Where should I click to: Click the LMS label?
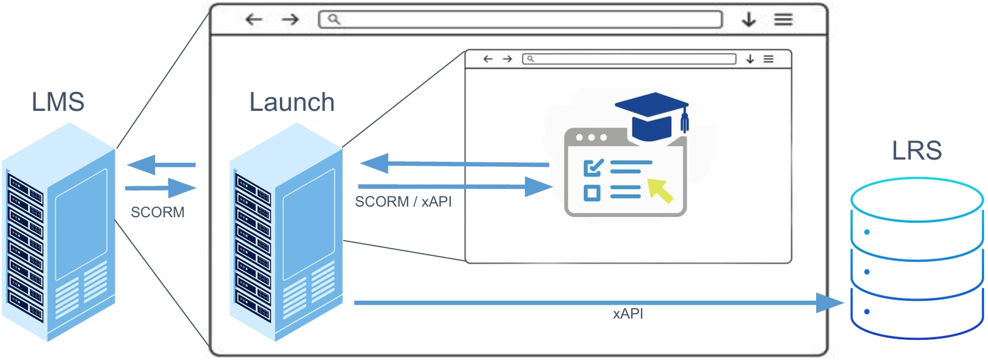click(58, 102)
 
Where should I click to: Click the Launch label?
click(292, 102)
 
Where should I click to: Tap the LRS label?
click(916, 151)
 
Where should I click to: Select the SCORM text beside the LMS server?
click(157, 212)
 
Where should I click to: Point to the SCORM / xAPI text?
click(403, 202)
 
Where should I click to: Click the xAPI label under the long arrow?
click(628, 314)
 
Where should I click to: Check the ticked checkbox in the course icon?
click(593, 167)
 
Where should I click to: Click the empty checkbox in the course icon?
click(592, 193)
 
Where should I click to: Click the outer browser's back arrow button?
click(254, 20)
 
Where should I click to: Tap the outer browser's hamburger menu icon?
click(783, 20)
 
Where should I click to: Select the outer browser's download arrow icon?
click(748, 20)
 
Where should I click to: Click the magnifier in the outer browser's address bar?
click(334, 20)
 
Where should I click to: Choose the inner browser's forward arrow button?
click(507, 59)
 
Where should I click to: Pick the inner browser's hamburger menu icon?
click(769, 59)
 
